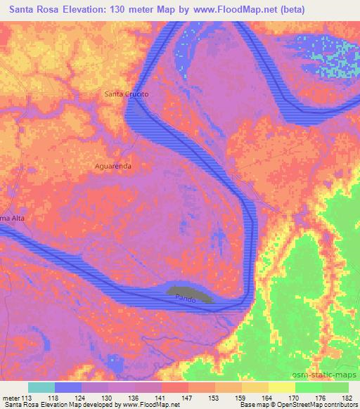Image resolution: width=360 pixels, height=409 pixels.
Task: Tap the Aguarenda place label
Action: (113, 167)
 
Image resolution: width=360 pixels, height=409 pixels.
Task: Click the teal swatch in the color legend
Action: (41, 387)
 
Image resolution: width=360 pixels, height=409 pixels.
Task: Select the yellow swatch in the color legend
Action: (283, 387)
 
